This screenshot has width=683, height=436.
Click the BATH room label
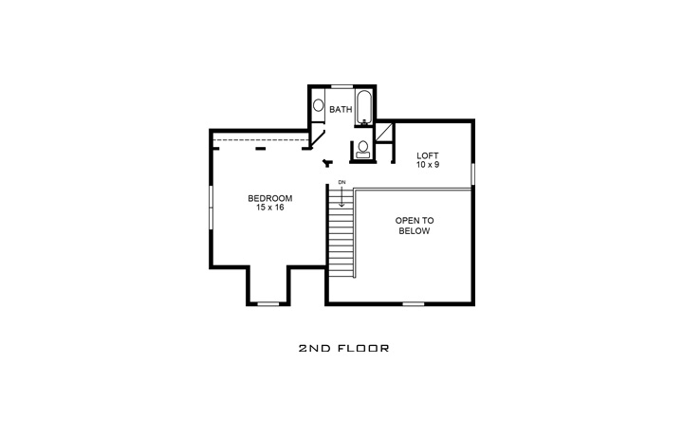point(341,110)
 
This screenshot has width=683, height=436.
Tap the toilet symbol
point(362,149)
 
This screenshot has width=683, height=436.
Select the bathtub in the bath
point(365,108)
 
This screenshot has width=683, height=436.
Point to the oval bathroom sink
point(319,106)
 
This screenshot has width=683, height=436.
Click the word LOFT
point(428,155)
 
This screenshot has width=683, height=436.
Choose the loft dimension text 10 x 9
point(428,165)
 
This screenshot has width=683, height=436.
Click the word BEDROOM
point(270,198)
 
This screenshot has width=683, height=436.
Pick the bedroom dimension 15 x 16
point(270,208)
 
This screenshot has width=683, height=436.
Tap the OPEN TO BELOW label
point(413,226)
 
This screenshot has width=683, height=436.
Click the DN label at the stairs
point(341,182)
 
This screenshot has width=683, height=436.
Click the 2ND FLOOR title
point(343,349)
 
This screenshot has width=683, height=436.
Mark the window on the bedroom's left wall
point(211,206)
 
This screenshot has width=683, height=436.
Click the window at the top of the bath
point(341,86)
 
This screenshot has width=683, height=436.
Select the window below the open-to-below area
point(413,303)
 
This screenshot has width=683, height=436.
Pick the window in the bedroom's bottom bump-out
point(268,303)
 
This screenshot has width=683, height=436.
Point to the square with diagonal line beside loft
point(384,132)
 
